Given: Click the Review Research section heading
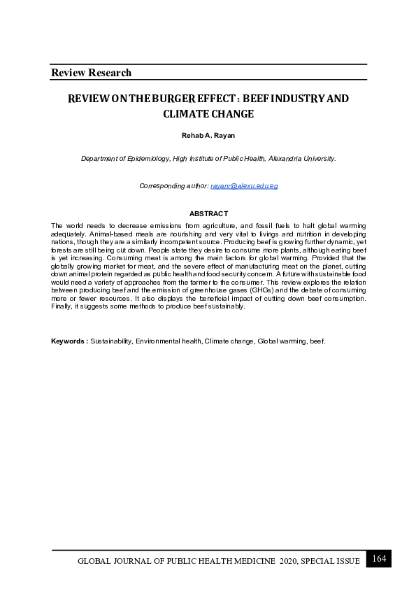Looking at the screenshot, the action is point(91,73).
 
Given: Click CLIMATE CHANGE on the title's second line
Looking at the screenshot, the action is point(208,113).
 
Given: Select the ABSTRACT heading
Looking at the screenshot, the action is point(208,213).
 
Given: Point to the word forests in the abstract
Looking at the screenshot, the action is point(64,248).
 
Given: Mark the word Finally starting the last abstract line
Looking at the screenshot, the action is point(62,306).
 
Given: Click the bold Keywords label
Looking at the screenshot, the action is point(69,341).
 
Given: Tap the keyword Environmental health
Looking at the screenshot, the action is point(166,341).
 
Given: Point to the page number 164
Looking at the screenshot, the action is point(379,558).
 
